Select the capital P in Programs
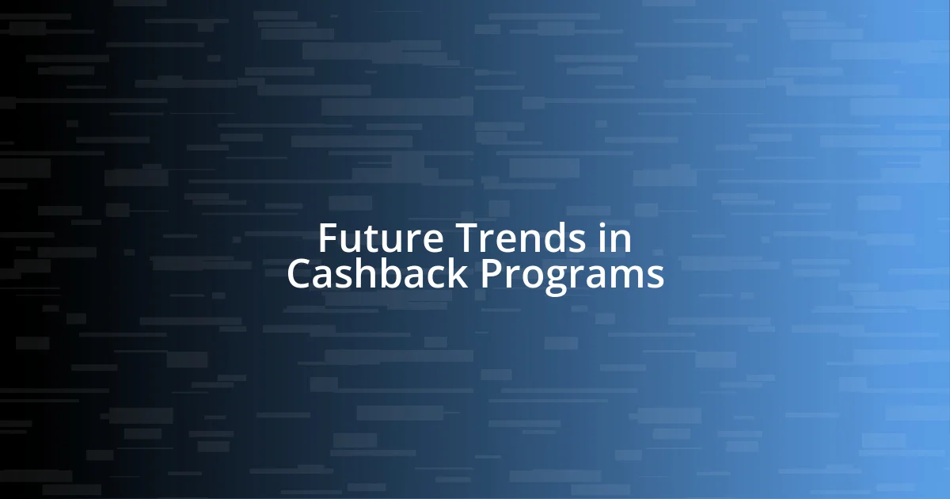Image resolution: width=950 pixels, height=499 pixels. (x=491, y=274)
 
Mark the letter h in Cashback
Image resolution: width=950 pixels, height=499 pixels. (x=368, y=273)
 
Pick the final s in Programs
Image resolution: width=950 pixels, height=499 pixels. (x=655, y=277)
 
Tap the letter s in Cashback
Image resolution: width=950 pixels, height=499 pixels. (x=348, y=277)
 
